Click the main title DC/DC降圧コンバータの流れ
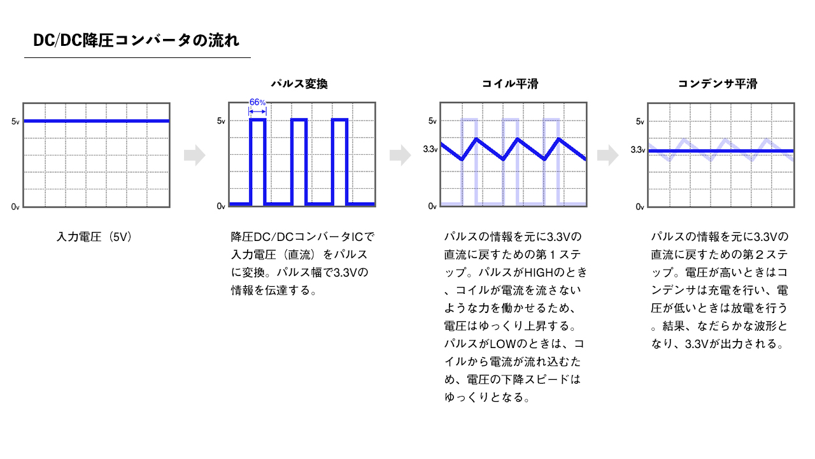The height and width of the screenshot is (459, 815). click(136, 40)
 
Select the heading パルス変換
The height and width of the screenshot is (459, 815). click(299, 84)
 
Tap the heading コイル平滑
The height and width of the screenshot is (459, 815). click(510, 84)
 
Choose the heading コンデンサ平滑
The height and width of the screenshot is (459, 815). click(718, 84)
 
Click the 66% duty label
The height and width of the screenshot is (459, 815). click(257, 103)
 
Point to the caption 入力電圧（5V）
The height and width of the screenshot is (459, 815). click(94, 237)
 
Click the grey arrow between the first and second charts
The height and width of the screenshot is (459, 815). click(195, 155)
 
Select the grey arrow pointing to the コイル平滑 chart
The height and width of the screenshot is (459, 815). click(400, 155)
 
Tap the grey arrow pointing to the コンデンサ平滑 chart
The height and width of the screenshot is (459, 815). click(608, 155)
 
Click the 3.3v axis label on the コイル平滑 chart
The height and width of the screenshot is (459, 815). click(430, 149)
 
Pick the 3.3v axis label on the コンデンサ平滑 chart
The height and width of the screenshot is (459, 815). click(638, 150)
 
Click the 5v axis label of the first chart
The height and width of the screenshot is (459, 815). click(15, 122)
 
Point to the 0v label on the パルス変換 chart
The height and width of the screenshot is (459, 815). click(221, 207)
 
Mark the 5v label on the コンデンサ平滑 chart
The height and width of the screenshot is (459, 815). click(640, 122)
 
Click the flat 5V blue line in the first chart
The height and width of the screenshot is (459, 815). click(96, 121)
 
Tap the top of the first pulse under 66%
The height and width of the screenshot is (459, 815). click(258, 119)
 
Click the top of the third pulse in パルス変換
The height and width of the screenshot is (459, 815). click(340, 119)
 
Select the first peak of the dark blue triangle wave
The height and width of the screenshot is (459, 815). click(476, 138)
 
